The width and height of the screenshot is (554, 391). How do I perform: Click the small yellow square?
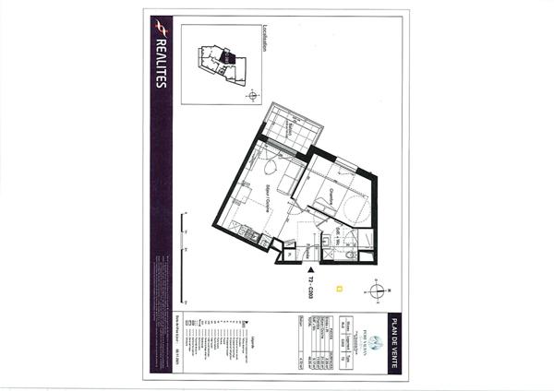click(340, 288)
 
